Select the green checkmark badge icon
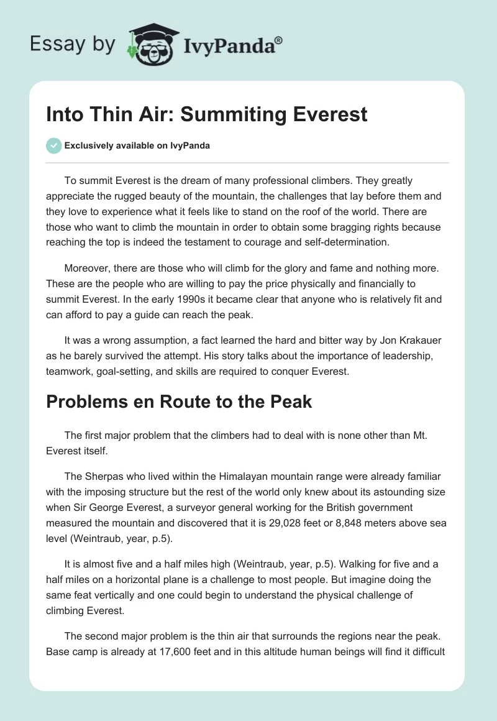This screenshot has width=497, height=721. (x=53, y=145)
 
